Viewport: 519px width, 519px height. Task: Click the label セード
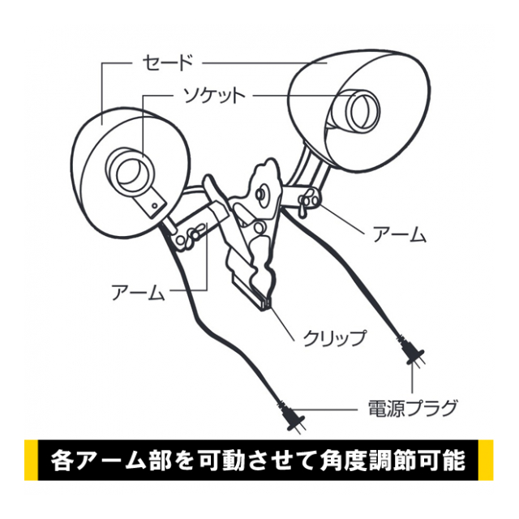coord(167,62)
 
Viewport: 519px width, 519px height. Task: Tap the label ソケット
coord(215,96)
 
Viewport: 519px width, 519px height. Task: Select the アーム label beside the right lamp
coord(400,234)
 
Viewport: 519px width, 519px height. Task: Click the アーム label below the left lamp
coord(139,292)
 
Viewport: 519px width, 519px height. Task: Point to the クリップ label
coord(335,337)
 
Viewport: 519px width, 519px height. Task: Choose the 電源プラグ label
coord(413,409)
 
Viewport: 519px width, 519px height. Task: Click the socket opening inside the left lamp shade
coord(131,174)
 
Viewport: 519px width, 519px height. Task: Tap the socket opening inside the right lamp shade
coord(363,111)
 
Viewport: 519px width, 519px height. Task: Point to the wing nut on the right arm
coord(305,204)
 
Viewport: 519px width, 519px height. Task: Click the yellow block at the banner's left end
coord(31,460)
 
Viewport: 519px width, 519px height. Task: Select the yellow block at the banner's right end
coord(486,460)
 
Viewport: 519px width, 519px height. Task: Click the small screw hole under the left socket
coord(155,206)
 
